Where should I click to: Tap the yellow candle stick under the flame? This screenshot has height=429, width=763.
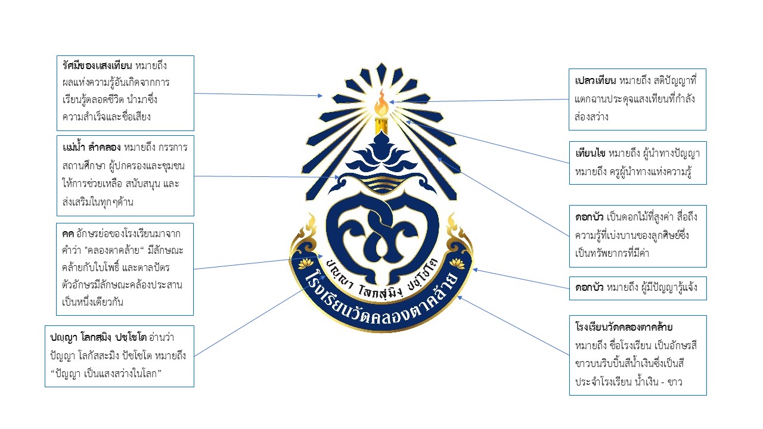(x=380, y=126)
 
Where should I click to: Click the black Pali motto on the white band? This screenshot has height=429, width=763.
(x=381, y=273)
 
